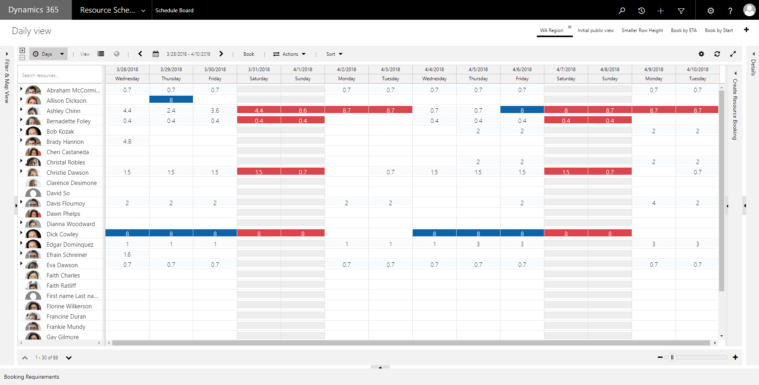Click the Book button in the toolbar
pos(249,54)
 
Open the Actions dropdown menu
pos(289,54)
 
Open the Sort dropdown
pos(334,54)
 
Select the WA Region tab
pos(551,30)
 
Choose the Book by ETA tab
pos(683,30)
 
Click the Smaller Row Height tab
pos(642,30)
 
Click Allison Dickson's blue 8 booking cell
pos(171,100)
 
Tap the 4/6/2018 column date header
pos(522,69)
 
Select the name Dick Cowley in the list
pos(62,234)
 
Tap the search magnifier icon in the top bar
pos(622,11)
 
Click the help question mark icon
pos(730,11)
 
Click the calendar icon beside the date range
pos(156,54)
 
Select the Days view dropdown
pos(48,54)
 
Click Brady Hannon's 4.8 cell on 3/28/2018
pos(127,141)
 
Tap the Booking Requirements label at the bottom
pos(32,377)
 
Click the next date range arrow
pos(221,54)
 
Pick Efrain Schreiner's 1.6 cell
pos(127,254)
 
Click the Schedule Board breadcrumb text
pos(174,10)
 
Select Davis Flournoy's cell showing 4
pos(653,203)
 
